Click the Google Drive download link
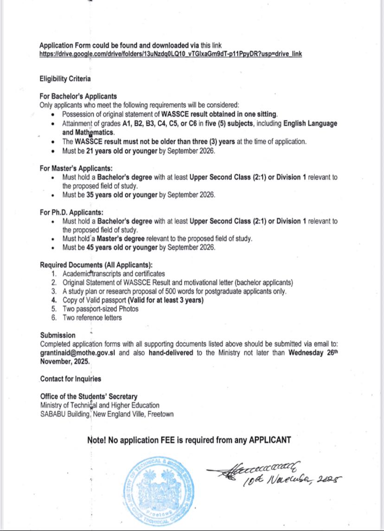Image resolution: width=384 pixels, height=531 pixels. point(171,54)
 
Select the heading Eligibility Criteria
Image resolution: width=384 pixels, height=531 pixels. point(65,79)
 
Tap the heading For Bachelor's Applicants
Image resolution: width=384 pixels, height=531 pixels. point(78,97)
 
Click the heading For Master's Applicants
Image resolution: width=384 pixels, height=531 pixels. point(77,168)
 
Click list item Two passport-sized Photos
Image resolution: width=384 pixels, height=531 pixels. point(101,309)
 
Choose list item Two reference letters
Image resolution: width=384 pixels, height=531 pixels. point(92,317)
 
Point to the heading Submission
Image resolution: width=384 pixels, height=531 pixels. point(58,335)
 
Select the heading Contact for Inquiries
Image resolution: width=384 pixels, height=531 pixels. point(70,379)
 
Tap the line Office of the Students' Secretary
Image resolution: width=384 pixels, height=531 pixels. point(89,396)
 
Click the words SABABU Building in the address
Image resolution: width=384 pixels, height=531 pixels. point(65,414)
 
